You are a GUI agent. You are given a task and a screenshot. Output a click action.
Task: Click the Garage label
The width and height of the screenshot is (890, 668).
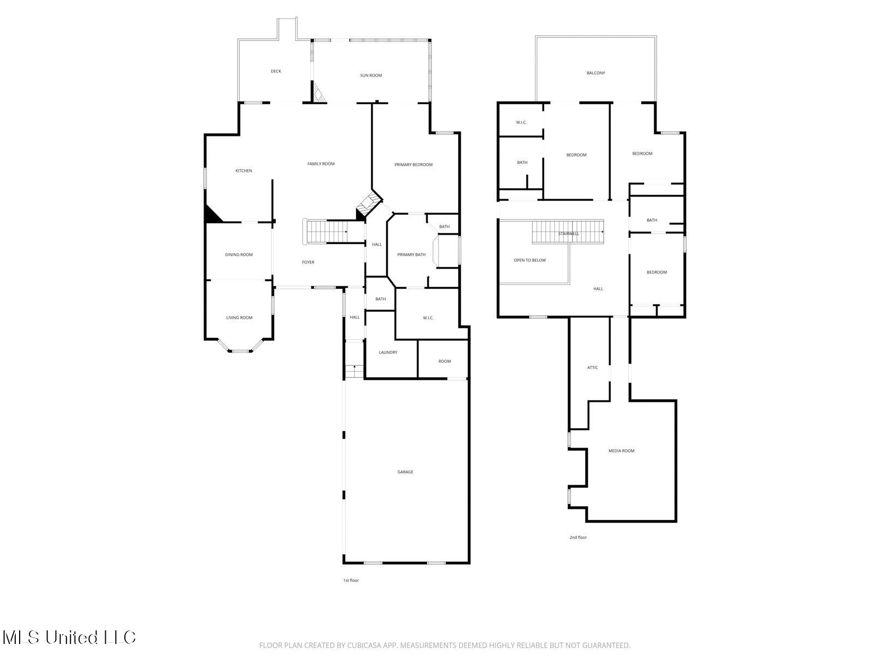coord(405,472)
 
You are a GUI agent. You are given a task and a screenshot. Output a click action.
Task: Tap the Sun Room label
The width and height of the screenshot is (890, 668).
coord(371,75)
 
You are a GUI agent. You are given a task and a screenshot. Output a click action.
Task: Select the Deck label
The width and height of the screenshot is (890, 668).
coord(276,71)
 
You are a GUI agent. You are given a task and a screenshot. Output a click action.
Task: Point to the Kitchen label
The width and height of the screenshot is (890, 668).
coord(244,171)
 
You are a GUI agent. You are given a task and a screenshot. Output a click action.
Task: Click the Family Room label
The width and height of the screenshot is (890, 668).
coord(321,164)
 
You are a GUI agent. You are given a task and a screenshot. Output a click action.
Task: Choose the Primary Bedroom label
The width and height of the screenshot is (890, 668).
coord(413,165)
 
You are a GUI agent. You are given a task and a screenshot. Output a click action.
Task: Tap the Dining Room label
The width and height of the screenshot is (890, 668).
coord(239,255)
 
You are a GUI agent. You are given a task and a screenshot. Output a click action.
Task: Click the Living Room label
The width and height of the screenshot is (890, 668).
coord(239,318)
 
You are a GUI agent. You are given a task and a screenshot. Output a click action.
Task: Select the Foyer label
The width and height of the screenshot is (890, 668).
coord(308,263)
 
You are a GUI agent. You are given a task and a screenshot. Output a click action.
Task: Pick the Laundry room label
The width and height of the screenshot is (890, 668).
coord(388,353)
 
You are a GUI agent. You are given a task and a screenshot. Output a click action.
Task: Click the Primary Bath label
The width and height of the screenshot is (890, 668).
coord(411,255)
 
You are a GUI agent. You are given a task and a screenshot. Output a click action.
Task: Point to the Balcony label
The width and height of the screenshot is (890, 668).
coord(596,73)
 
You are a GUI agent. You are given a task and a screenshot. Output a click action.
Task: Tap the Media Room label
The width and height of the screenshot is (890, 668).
coord(621,451)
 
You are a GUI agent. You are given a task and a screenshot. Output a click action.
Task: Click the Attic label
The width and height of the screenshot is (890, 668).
coord(592,368)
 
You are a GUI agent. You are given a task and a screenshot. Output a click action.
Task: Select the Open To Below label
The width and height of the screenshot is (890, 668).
coord(530,260)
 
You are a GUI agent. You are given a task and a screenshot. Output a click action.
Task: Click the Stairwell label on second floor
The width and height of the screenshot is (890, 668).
coord(568,234)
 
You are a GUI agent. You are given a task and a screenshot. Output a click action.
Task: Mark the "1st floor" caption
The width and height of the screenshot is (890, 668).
coord(351,580)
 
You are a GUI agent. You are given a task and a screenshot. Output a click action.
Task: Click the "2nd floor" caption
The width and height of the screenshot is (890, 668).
coord(578,538)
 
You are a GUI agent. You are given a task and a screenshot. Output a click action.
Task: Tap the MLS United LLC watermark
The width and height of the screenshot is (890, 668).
coord(69,637)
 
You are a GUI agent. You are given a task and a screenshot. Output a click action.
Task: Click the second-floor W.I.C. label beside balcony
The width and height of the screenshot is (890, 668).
coord(521,122)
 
